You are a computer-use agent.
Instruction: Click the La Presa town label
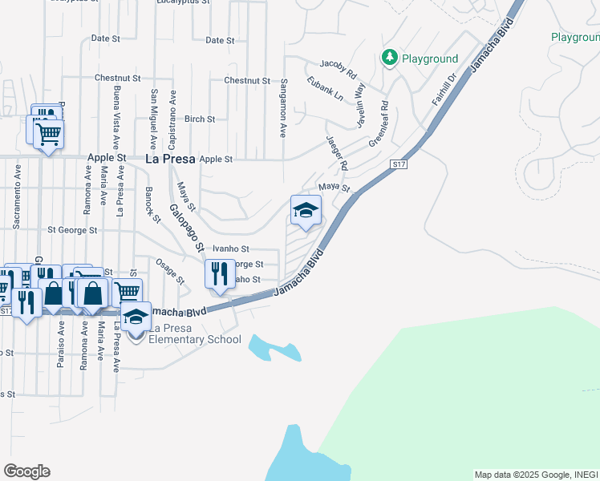pyautogui.click(x=169, y=159)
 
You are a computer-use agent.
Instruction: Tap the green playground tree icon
pyautogui.click(x=390, y=57)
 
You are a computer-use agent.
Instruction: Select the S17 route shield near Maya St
pyautogui.click(x=399, y=164)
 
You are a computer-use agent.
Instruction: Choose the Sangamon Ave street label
pyautogui.click(x=284, y=107)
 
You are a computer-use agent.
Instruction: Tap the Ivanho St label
pyautogui.click(x=231, y=249)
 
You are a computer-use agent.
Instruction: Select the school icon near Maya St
pyautogui.click(x=306, y=211)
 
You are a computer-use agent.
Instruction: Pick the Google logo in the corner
pyautogui.click(x=26, y=471)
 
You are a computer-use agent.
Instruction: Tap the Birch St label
pyautogui.click(x=200, y=119)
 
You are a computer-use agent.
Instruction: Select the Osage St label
pyautogui.click(x=170, y=271)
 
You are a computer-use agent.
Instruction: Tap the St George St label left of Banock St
pyautogui.click(x=72, y=230)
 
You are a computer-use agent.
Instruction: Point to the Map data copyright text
pyautogui.click(x=536, y=475)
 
